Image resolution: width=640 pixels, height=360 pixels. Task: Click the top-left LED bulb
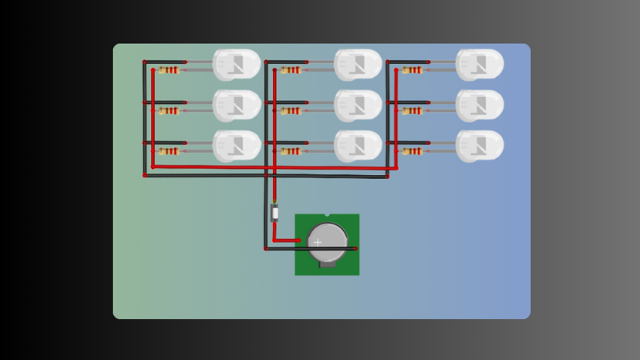[236, 64]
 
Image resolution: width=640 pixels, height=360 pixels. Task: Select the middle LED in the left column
[236, 105]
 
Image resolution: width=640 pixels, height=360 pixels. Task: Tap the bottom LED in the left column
[236, 146]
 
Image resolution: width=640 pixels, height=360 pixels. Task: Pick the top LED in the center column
[358, 64]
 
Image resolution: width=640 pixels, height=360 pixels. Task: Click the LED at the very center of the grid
[358, 105]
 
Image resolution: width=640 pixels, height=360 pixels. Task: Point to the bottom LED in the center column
[358, 146]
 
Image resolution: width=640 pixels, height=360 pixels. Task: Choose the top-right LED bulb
[480, 64]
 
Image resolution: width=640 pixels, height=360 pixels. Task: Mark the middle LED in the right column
[480, 105]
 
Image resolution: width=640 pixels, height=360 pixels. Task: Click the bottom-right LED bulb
[480, 146]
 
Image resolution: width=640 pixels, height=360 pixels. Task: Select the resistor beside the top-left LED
[169, 70]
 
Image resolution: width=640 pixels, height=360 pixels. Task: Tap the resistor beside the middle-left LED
[169, 111]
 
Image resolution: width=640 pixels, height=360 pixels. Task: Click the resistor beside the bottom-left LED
[169, 151]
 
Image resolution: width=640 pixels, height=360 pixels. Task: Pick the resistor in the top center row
[291, 70]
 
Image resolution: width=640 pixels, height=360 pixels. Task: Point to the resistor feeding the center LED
[291, 111]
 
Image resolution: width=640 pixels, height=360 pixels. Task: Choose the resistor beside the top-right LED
[412, 70]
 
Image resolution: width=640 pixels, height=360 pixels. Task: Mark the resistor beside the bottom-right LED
[412, 151]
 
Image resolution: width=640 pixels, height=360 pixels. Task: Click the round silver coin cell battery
[328, 242]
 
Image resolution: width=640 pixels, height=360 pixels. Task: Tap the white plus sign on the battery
[317, 243]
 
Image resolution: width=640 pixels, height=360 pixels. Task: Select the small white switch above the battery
[275, 212]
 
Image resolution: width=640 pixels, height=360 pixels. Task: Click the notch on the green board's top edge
[326, 215]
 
